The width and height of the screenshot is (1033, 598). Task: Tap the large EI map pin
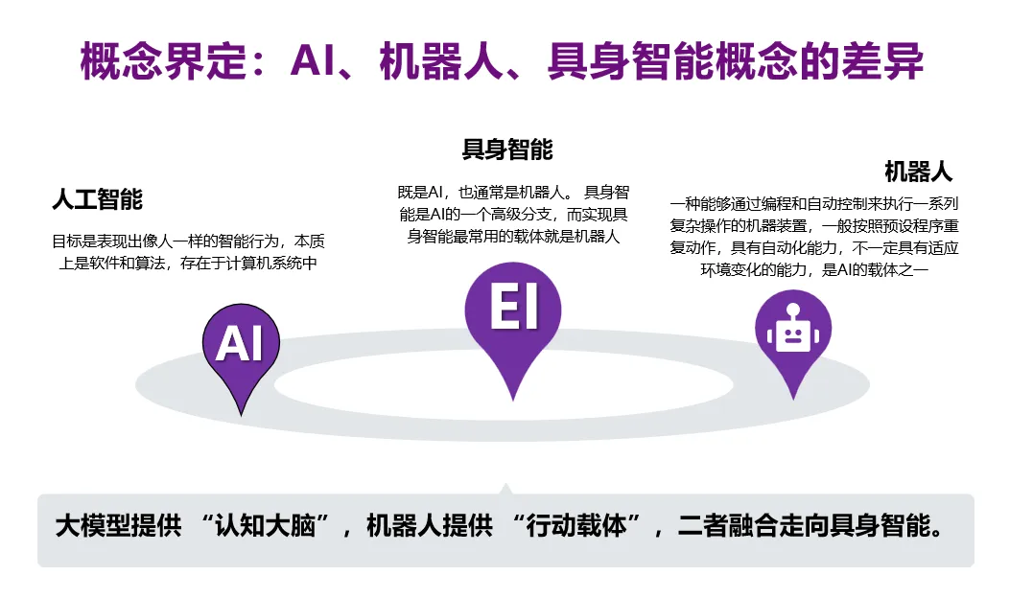point(513,316)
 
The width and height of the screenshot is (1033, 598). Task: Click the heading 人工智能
point(97,200)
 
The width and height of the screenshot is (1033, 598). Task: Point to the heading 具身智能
point(507,150)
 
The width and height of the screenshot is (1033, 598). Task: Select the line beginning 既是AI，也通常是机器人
point(512,192)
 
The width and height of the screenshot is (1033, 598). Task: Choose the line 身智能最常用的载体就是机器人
point(513,236)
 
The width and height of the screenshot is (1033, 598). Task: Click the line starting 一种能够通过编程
point(814,204)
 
